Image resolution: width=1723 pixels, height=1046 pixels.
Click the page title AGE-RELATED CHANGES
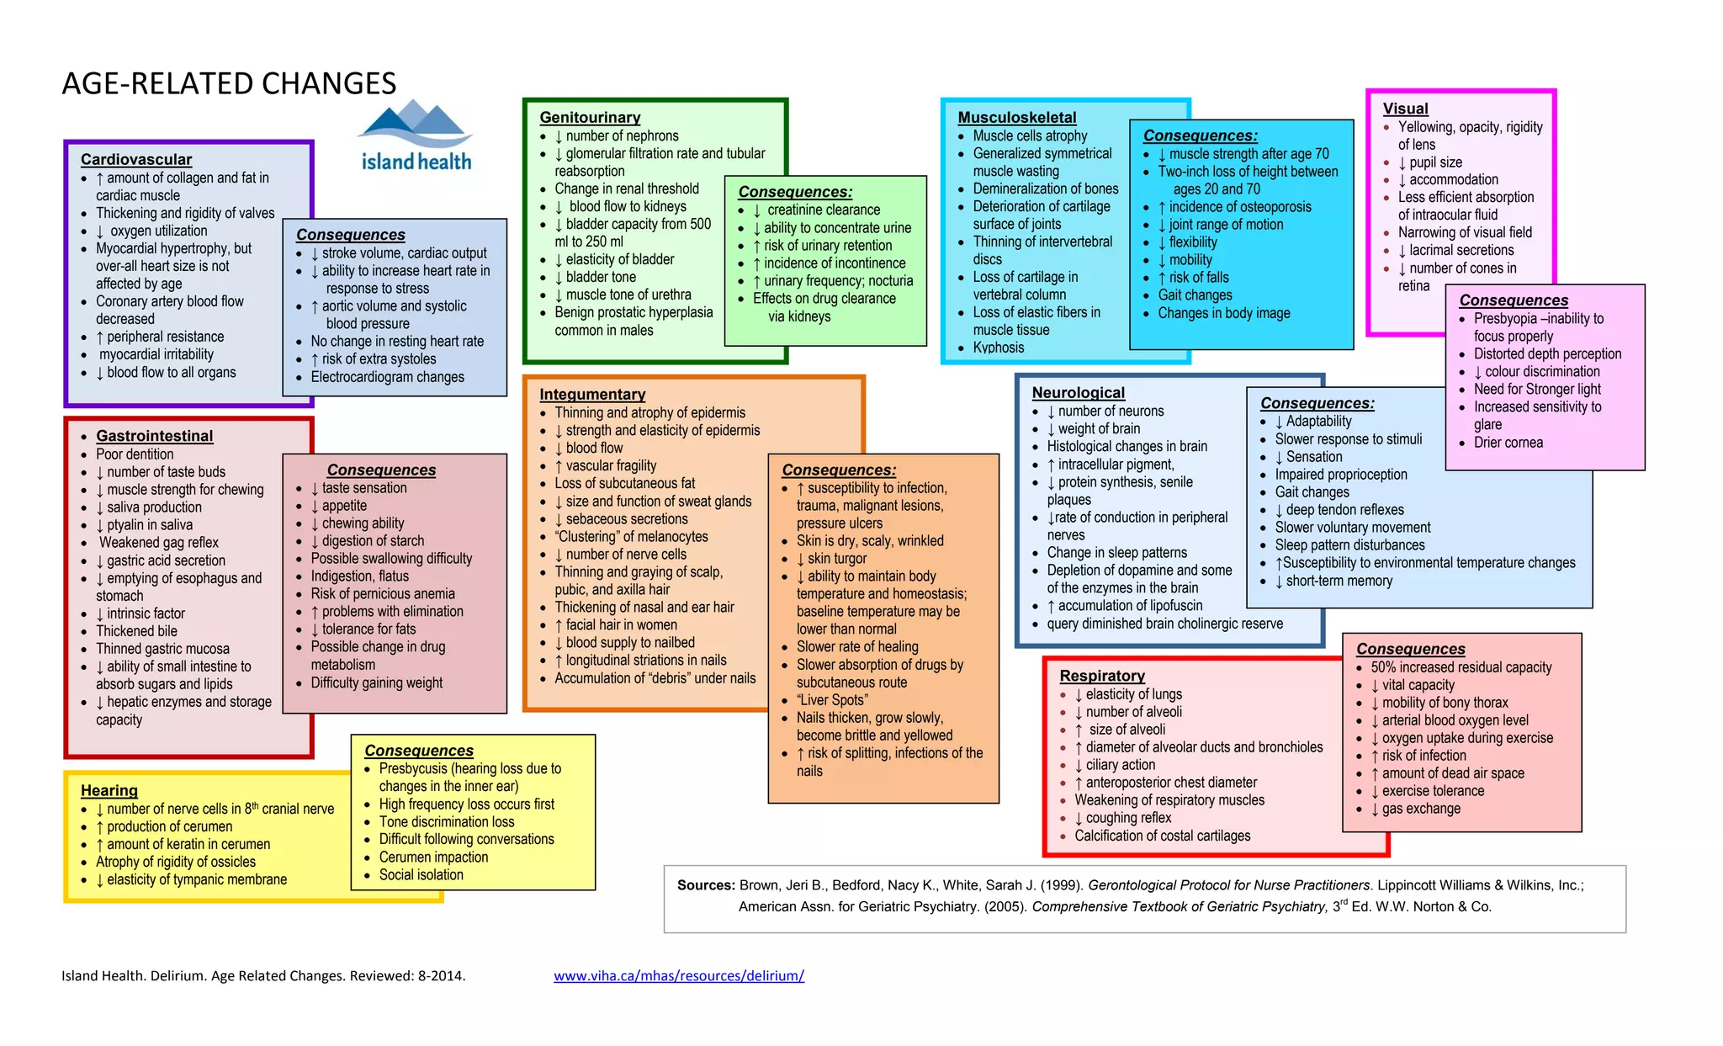229,83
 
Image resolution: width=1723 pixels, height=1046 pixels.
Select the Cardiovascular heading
136,159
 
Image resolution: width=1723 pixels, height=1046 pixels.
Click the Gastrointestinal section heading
155,436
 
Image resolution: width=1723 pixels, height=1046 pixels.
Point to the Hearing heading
109,790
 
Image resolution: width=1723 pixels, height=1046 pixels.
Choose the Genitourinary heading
590,118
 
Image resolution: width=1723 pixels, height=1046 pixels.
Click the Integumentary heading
592,394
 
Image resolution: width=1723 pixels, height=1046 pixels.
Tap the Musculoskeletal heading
1016,118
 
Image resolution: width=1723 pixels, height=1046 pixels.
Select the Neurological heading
1078,393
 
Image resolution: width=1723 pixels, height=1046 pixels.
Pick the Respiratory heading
1102,676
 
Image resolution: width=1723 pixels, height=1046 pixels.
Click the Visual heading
1405,109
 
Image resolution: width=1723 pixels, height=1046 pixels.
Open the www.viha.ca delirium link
679,976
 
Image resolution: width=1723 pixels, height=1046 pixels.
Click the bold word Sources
706,885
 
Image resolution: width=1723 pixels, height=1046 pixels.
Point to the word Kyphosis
999,348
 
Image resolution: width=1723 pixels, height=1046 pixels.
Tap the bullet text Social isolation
421,875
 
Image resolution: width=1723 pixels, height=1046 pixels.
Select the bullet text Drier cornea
1508,443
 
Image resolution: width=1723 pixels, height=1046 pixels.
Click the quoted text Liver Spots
832,700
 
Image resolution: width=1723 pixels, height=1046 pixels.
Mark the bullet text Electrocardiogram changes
387,377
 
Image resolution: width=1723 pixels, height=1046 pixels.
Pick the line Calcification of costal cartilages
1162,836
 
